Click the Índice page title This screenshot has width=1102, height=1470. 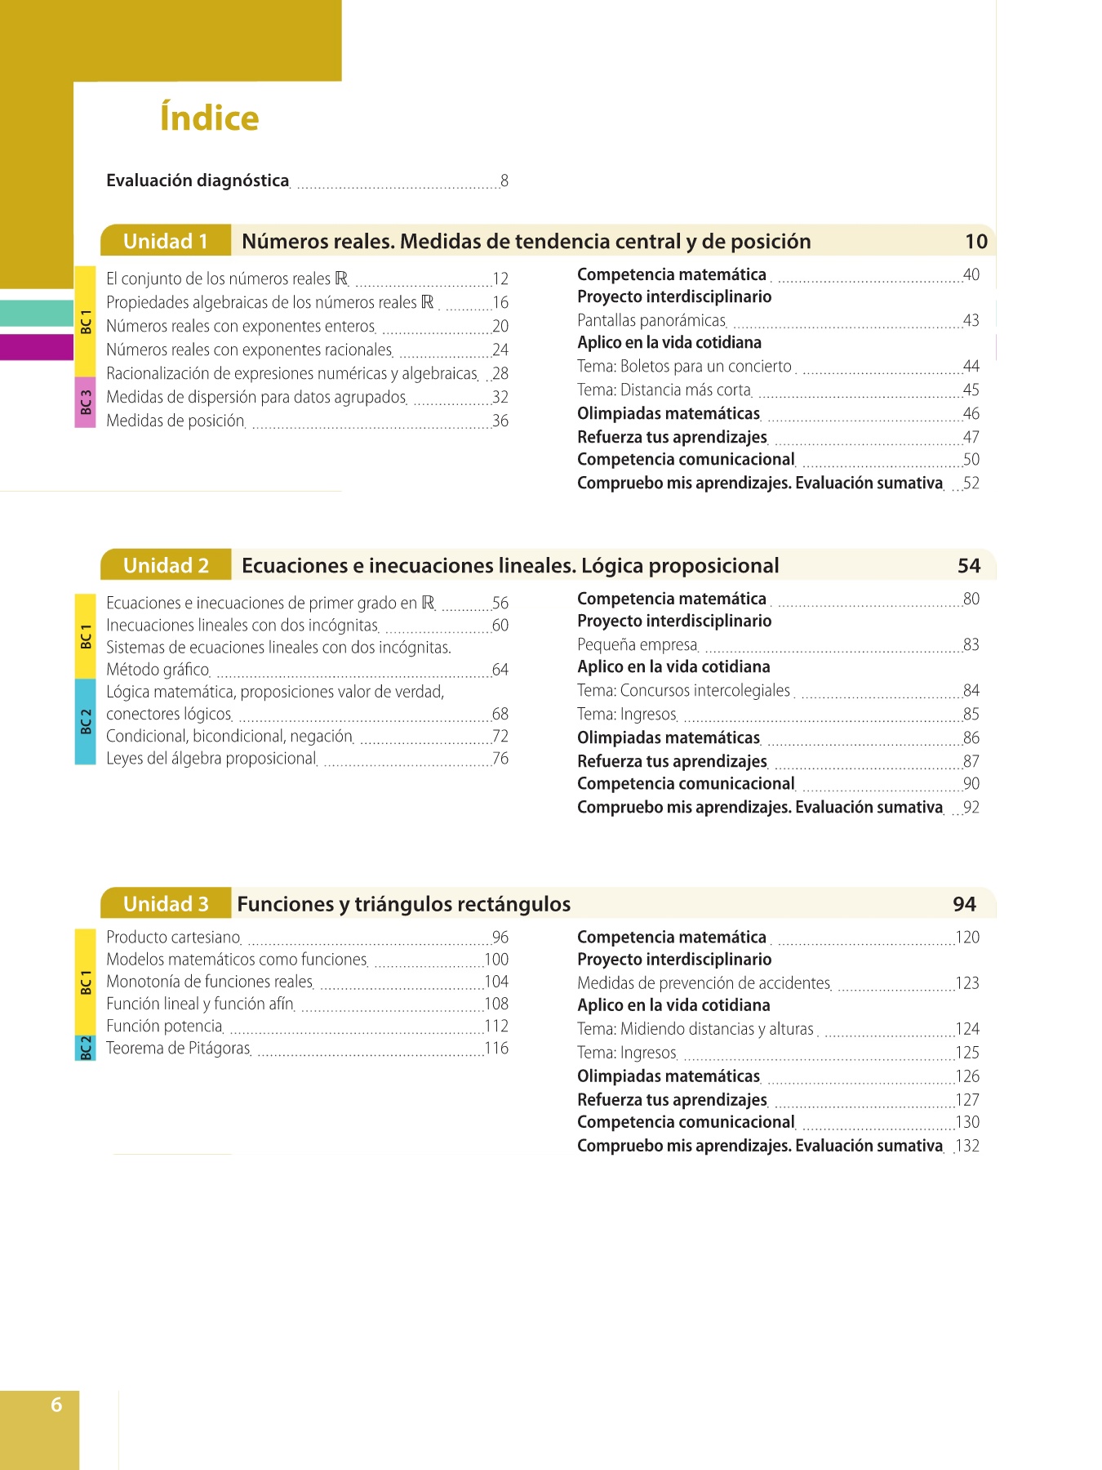click(209, 118)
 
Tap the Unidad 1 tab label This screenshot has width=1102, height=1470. click(166, 241)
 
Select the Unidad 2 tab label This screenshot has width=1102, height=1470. click(166, 565)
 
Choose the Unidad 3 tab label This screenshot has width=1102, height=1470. click(166, 903)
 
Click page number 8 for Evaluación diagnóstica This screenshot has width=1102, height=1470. click(504, 180)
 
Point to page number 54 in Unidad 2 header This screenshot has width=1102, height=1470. click(969, 565)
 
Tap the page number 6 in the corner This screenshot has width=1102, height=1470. click(56, 1404)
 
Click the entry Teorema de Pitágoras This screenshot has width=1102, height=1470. click(178, 1048)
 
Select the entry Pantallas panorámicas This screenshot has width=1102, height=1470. click(651, 320)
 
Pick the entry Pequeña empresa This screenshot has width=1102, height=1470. click(638, 644)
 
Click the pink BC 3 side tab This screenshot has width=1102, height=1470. click(86, 402)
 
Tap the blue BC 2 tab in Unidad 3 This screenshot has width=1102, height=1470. click(86, 1047)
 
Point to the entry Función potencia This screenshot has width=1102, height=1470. click(164, 1026)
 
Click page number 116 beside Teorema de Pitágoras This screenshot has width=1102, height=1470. click(496, 1048)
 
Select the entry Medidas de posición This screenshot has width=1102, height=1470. click(176, 421)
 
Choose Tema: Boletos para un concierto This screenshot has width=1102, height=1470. click(684, 366)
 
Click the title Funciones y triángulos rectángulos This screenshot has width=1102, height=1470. click(403, 903)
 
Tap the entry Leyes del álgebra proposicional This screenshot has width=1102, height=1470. click(211, 758)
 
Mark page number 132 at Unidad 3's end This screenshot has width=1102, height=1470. click(967, 1146)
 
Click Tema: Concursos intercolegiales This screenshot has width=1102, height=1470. click(684, 690)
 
